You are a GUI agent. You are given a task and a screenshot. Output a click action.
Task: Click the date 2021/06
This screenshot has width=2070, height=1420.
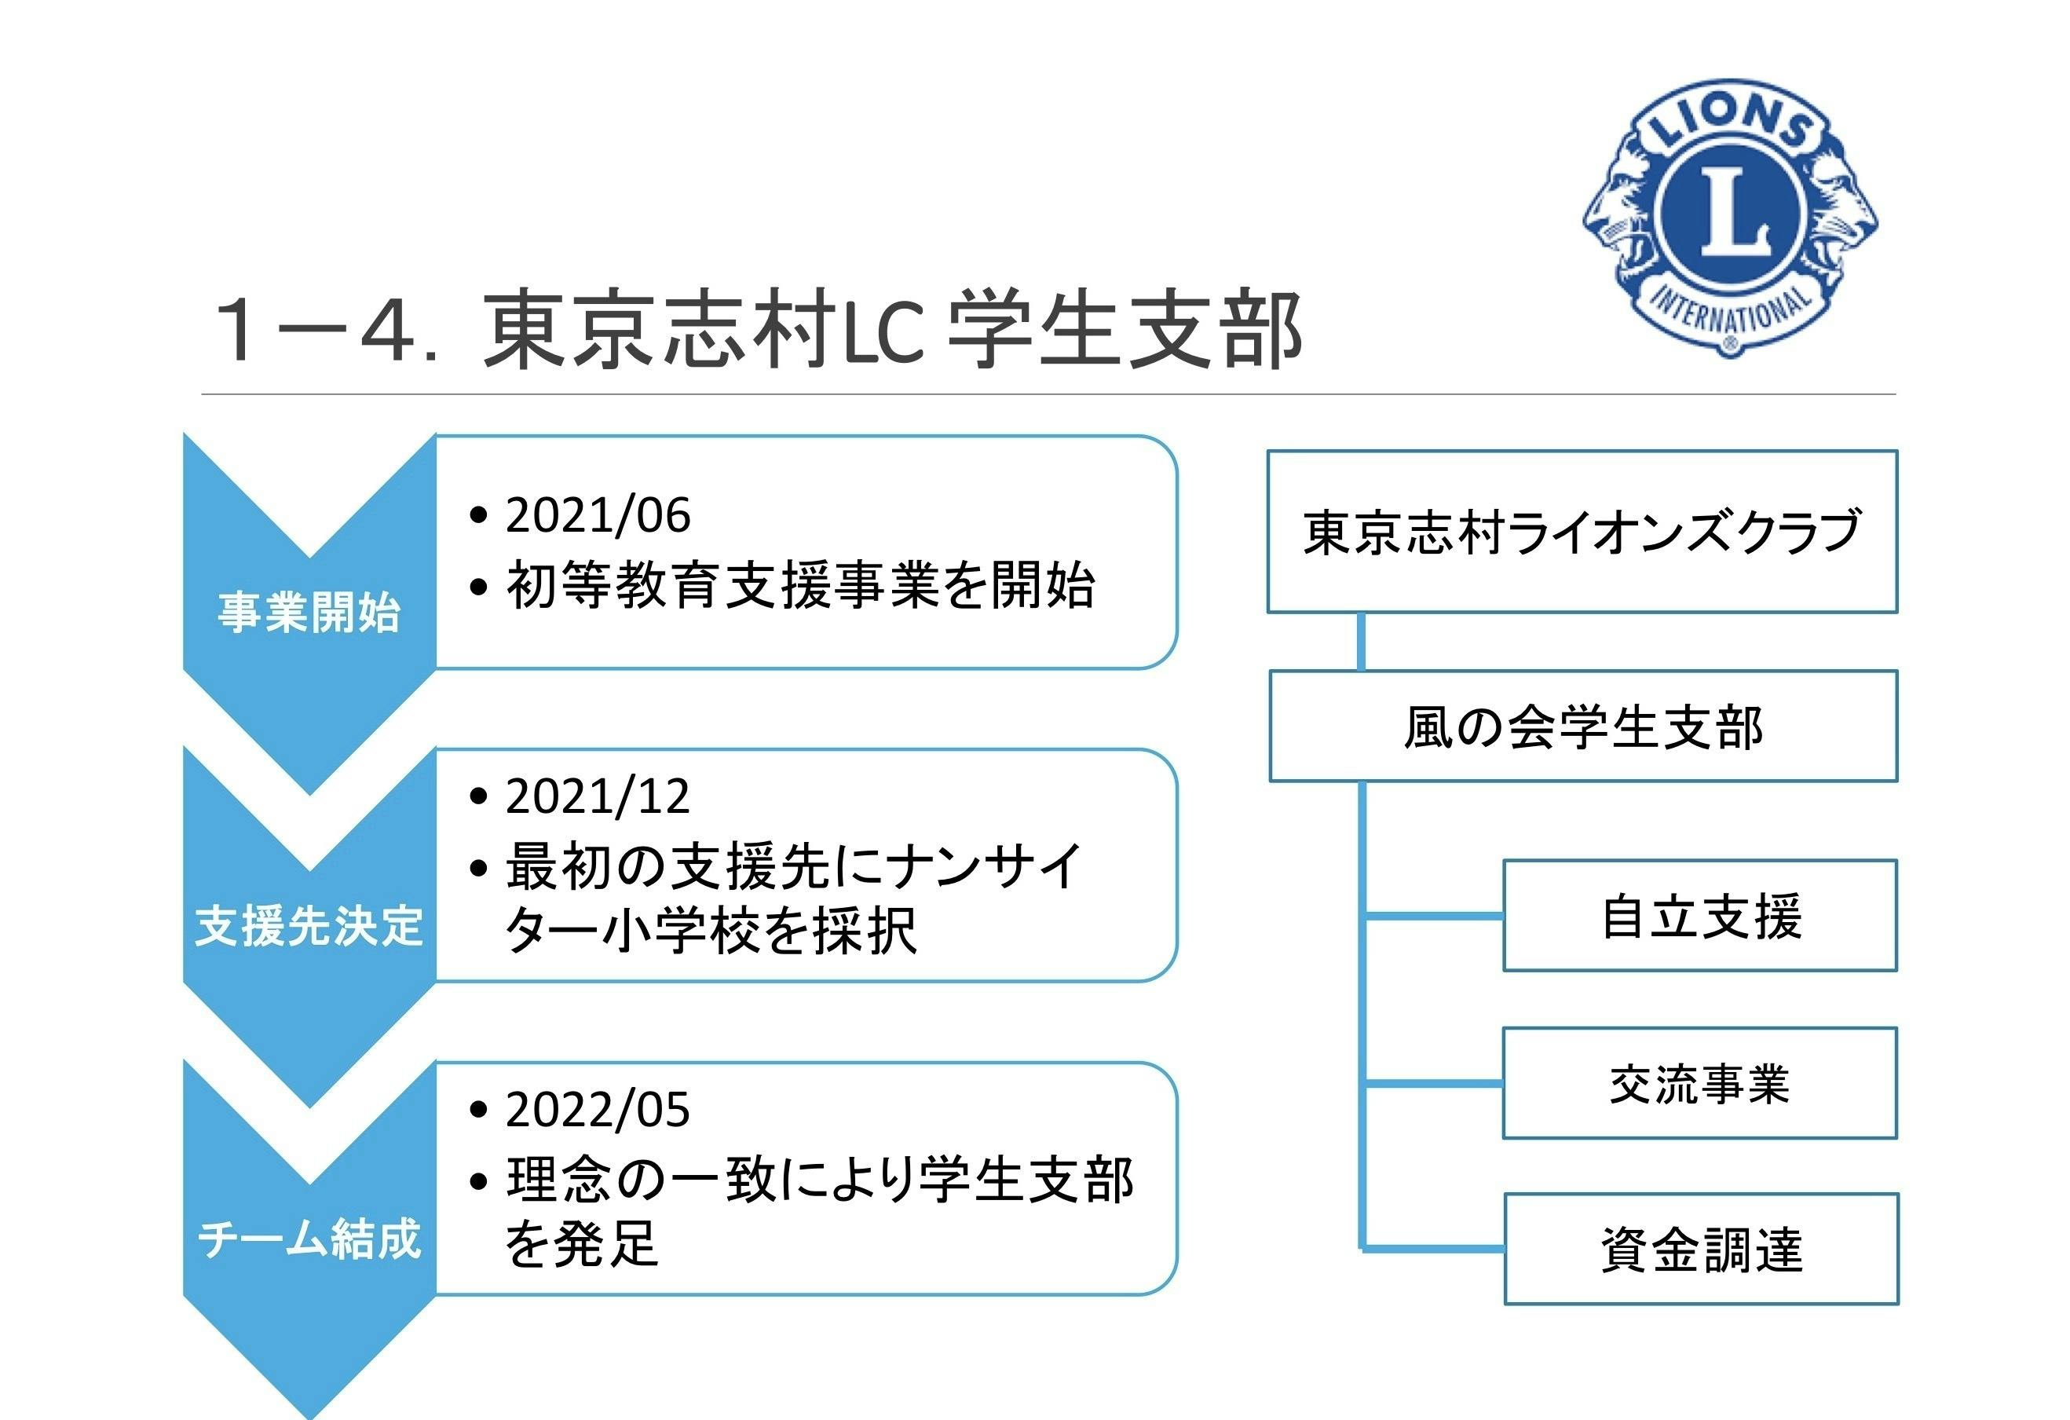tap(598, 516)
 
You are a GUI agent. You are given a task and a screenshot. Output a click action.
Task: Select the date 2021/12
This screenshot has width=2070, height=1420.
tap(598, 796)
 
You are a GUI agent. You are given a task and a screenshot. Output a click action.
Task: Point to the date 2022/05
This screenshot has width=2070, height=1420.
tap(598, 1110)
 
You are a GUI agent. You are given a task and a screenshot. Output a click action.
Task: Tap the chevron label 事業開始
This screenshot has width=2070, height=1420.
tap(309, 613)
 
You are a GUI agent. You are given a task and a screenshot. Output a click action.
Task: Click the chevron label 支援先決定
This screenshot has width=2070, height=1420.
tap(309, 925)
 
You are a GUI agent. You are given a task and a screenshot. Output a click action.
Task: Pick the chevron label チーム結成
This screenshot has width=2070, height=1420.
tap(309, 1239)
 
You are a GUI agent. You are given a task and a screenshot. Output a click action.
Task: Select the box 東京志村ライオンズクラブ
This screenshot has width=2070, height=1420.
tap(1582, 532)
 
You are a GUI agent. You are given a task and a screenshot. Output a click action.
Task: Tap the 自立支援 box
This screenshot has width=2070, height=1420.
tap(1700, 916)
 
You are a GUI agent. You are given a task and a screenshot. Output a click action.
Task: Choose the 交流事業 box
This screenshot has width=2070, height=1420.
tap(1699, 1083)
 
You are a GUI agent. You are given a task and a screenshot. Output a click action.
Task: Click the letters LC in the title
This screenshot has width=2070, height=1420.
tap(882, 331)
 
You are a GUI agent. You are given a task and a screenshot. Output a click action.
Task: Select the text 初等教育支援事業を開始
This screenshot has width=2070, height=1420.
tap(800, 586)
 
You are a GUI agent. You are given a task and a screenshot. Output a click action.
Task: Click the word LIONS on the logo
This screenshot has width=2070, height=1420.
tap(1729, 125)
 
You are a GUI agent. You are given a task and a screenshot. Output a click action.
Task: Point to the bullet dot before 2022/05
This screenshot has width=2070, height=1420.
tap(479, 1110)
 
